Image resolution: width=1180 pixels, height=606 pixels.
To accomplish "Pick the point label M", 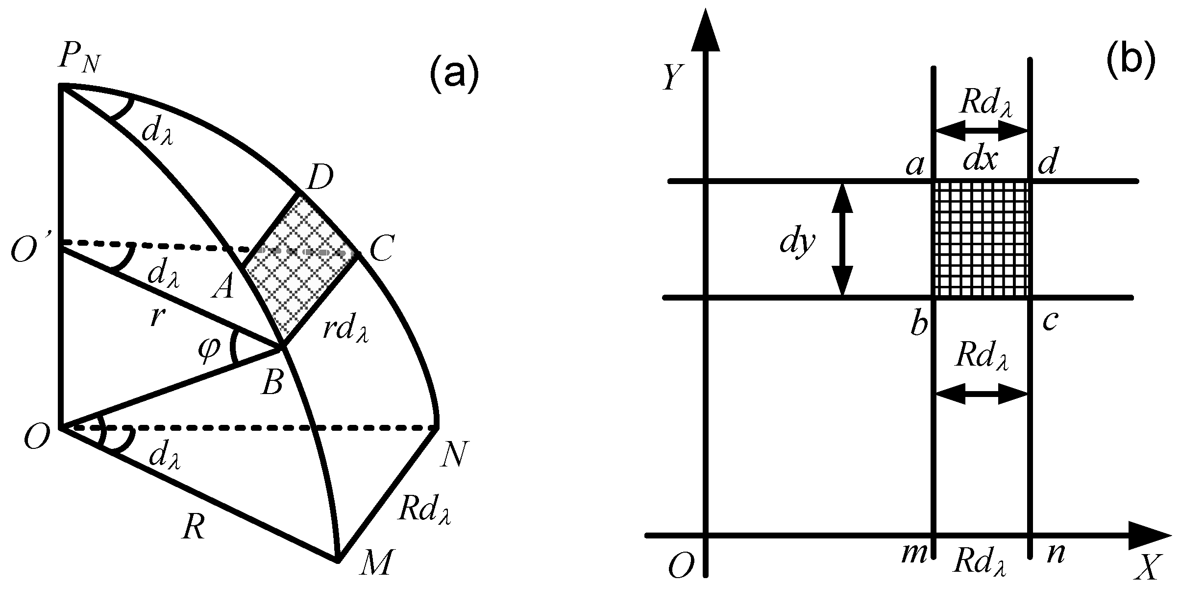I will pos(375,562).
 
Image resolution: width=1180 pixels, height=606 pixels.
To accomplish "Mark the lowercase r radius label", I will pos(156,317).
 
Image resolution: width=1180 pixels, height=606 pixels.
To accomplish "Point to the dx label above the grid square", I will pos(980,160).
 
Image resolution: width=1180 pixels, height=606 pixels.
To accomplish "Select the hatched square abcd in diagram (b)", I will pos(982,239).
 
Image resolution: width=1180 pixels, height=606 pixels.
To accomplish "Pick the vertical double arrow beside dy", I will pos(842,239).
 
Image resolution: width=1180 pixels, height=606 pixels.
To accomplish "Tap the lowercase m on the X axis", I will pos(913,555).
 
